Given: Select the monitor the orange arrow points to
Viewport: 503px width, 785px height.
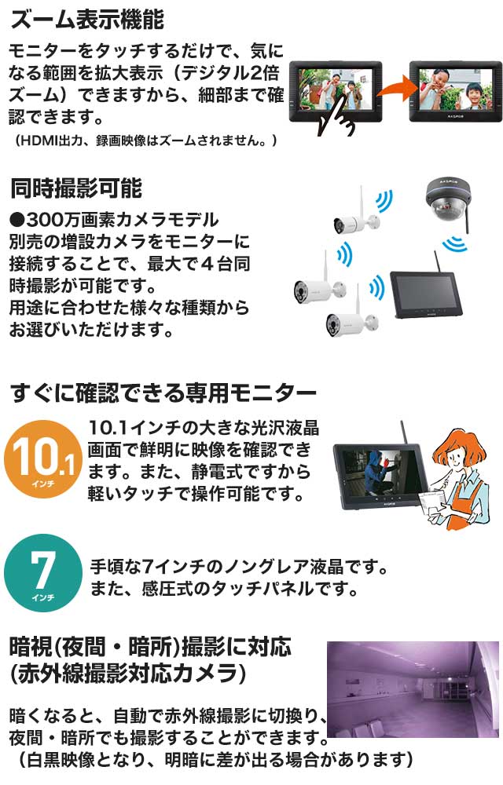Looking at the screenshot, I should coord(450,89).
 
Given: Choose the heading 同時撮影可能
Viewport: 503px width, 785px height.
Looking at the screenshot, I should coord(75,188).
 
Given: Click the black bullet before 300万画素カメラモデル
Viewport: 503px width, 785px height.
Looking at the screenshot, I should coord(17,219).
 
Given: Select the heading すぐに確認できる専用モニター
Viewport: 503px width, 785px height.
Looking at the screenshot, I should coord(163,392).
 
